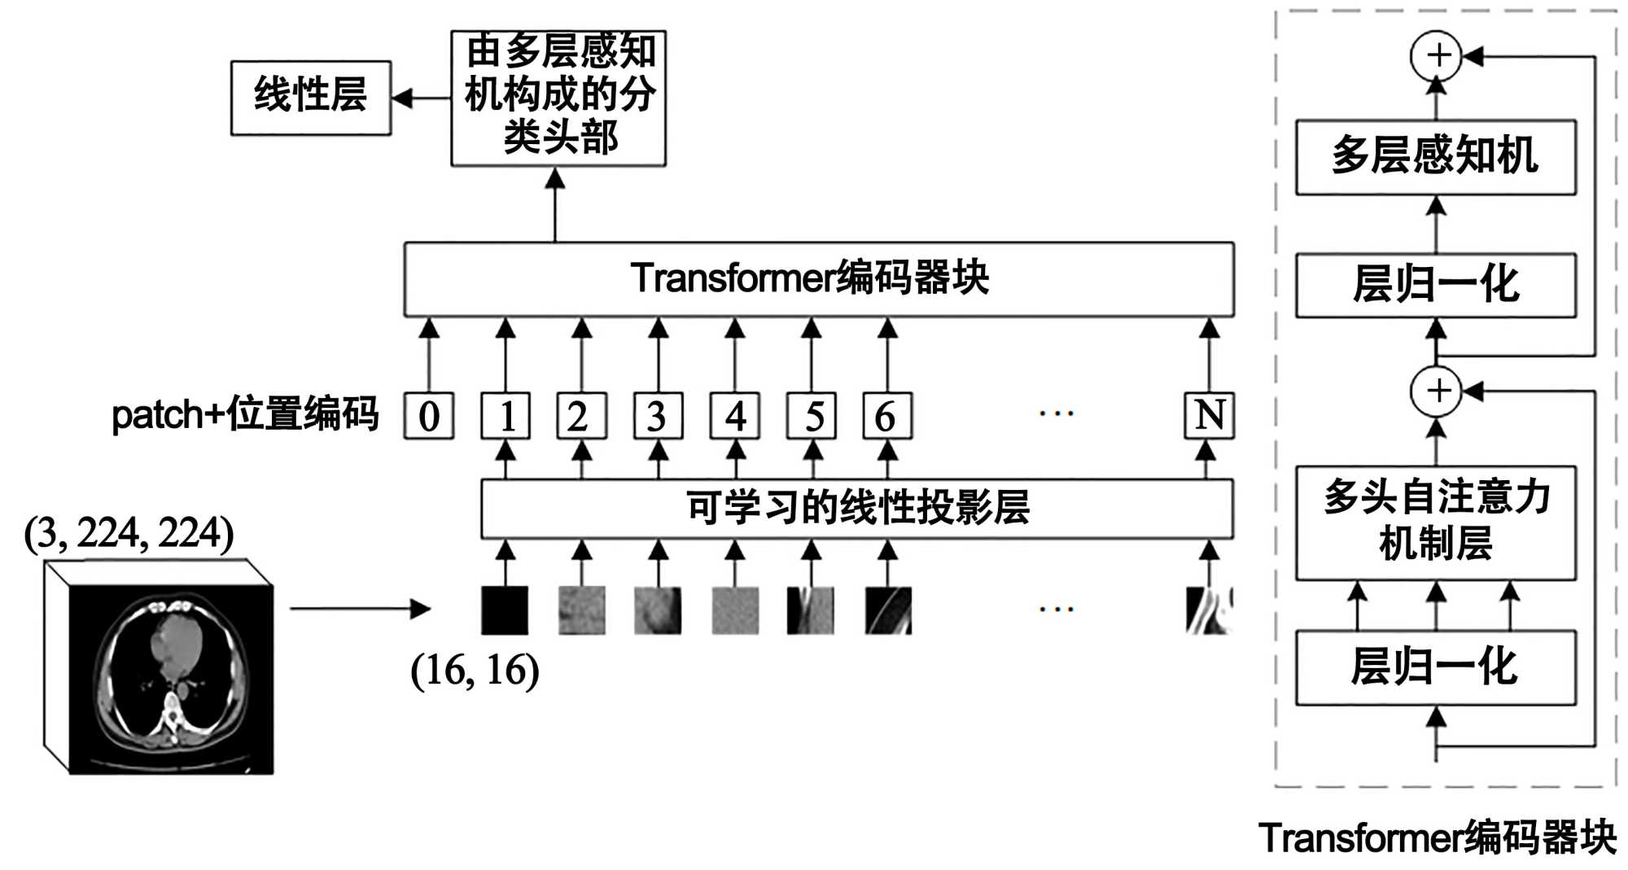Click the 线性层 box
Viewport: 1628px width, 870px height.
coord(310,98)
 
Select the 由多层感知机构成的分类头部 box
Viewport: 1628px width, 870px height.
coord(558,98)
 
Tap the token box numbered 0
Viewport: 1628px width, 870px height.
coord(429,416)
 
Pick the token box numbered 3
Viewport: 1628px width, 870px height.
coord(658,416)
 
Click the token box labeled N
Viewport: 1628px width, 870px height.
coord(1209,416)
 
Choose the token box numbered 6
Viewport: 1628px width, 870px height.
coord(887,416)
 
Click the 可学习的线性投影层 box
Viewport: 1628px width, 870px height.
coord(857,509)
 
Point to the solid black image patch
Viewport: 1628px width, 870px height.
coord(505,610)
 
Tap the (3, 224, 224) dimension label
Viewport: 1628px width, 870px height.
coord(129,534)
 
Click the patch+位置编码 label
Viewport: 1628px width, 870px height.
coord(245,414)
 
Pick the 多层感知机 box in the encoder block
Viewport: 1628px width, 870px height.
coord(1435,157)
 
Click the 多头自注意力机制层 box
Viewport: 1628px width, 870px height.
coord(1435,522)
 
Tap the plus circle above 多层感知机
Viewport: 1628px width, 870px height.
coord(1436,56)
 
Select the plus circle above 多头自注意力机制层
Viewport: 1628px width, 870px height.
coord(1436,391)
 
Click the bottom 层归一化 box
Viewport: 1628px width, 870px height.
coord(1435,667)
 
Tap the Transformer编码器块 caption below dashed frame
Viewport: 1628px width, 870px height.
coord(1437,838)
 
